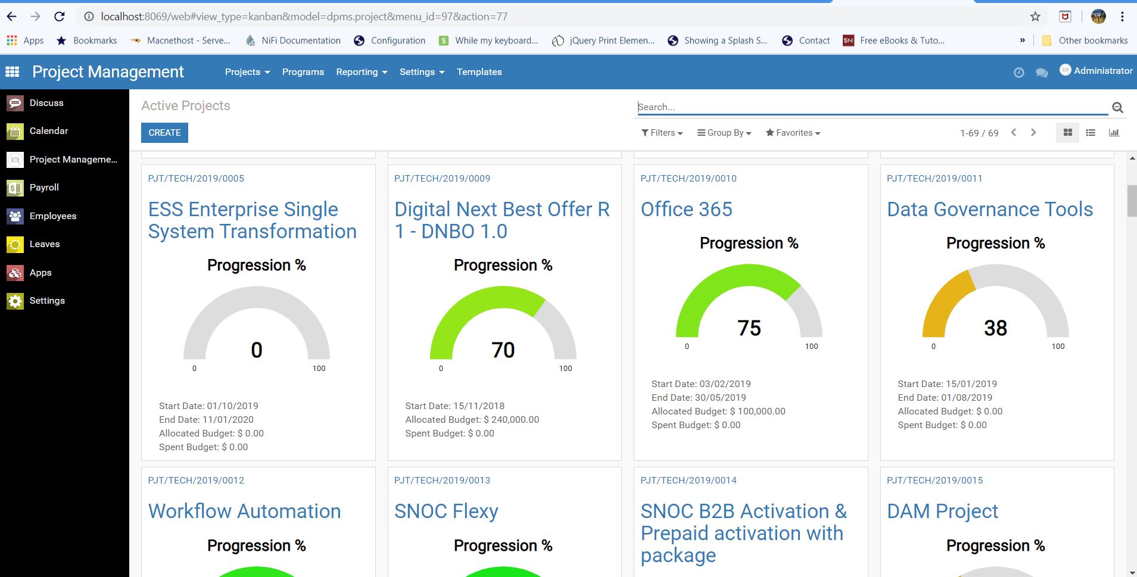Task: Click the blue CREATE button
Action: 164,133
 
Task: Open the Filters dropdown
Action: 662,133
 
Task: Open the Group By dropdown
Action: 724,133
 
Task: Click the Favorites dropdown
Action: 793,133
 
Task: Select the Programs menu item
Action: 303,72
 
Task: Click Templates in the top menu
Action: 479,72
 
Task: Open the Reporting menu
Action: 361,72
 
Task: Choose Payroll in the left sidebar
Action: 44,188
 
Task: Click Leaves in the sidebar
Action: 45,244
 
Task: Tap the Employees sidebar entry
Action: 52,216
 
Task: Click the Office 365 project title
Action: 686,210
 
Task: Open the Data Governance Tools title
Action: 989,210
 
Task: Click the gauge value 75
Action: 749,328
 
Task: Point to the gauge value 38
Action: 995,328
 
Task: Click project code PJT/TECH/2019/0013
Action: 442,481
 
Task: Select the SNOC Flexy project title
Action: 446,511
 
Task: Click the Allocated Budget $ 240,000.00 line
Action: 472,420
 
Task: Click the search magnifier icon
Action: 1117,108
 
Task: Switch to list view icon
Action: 1091,133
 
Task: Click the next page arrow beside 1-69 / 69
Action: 1033,133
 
